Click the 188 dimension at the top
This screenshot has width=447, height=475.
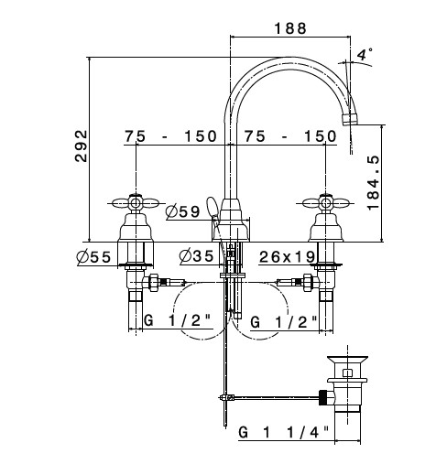point(290,28)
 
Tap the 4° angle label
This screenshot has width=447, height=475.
point(365,54)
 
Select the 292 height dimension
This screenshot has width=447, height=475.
point(81,146)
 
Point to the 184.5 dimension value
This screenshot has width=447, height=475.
point(373,182)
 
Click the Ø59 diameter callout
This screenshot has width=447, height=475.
point(182,211)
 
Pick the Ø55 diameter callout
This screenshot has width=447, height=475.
point(93,257)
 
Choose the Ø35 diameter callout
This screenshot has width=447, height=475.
point(197,255)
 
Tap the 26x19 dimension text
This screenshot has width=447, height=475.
point(287,256)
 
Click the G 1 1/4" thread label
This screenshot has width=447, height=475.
point(284,432)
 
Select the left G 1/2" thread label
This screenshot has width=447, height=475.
point(178,320)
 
